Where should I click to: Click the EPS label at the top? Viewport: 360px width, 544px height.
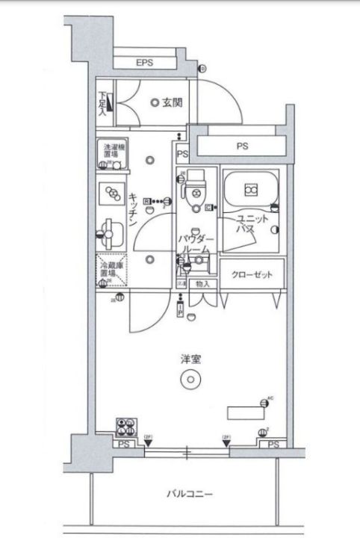[144, 64]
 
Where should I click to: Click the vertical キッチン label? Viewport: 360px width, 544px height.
[132, 210]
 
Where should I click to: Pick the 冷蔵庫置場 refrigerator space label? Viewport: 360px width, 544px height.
[111, 268]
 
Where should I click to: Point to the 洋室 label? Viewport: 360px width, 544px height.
[190, 359]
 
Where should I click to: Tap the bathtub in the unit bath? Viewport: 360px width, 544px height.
[251, 191]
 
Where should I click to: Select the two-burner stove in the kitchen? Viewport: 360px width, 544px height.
[113, 193]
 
